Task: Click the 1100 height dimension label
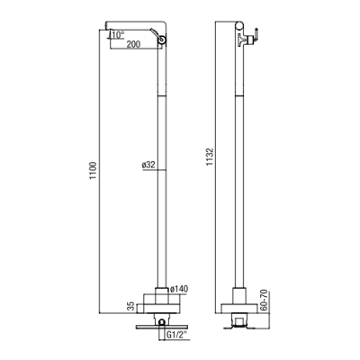(x=94, y=171)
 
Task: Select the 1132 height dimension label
(x=210, y=157)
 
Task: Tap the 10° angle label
(x=117, y=35)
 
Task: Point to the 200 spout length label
(x=133, y=44)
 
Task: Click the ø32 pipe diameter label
(x=148, y=165)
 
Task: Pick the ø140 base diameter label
(x=179, y=289)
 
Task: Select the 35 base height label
(x=130, y=306)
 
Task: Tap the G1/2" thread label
(x=176, y=334)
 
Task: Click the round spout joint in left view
(x=163, y=40)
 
